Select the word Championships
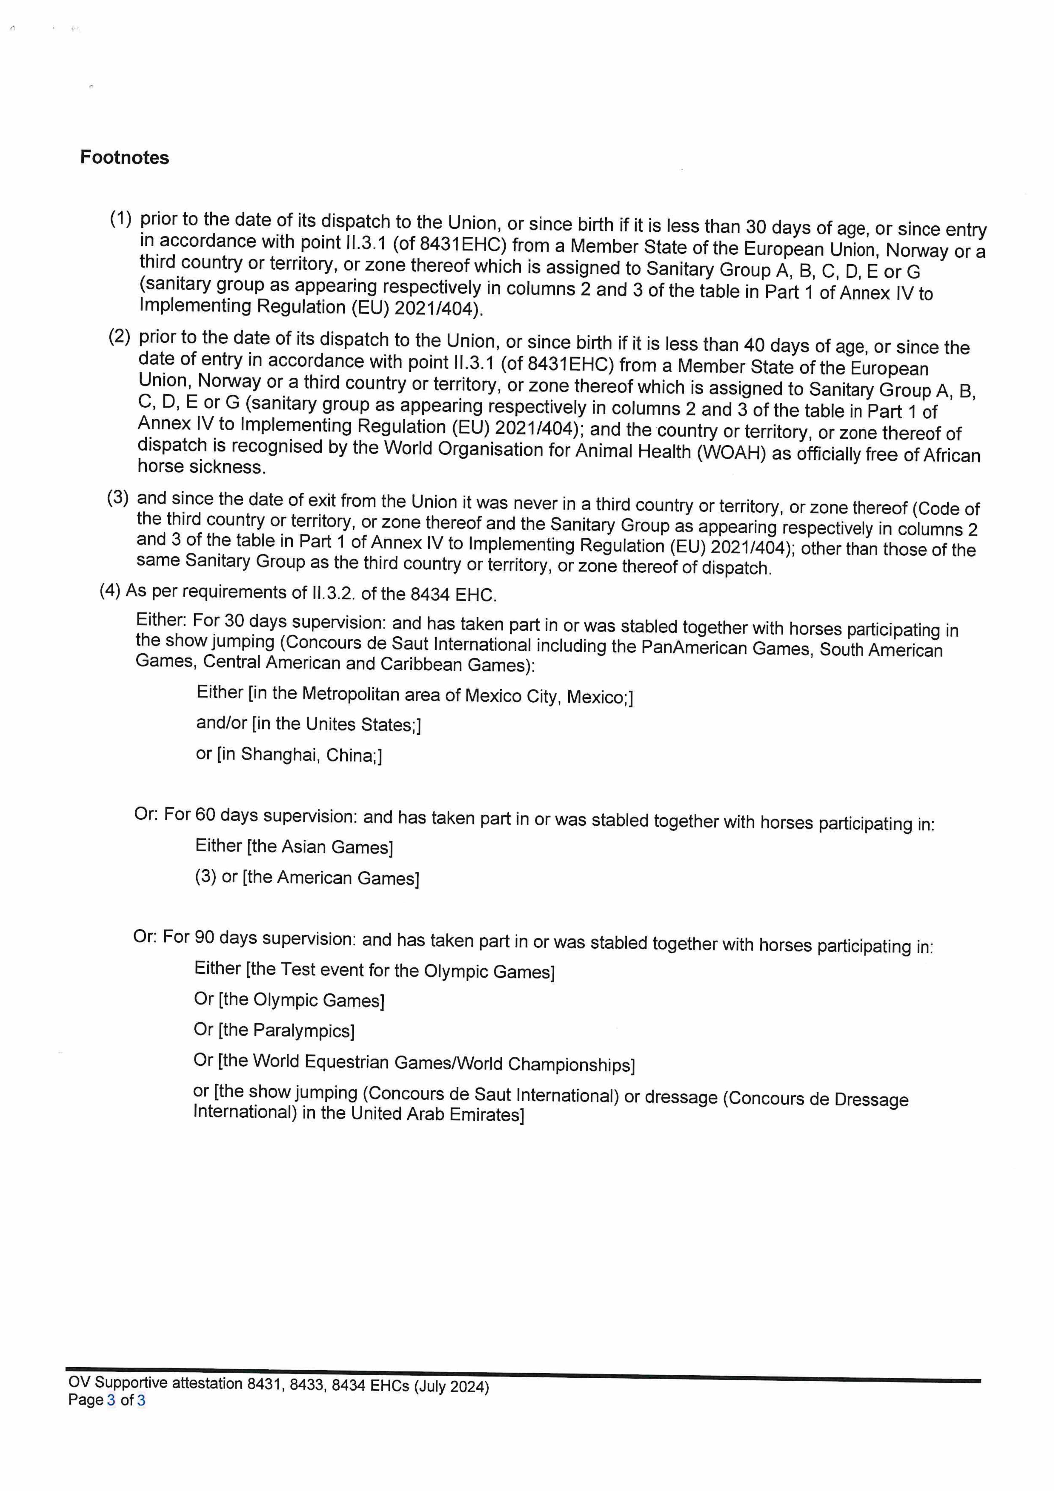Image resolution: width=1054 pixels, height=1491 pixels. (569, 1064)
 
